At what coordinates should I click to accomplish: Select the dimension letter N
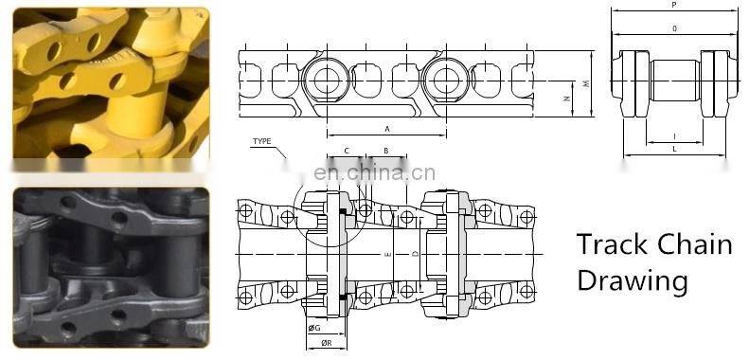click(564, 97)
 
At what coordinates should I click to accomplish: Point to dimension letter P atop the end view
click(673, 5)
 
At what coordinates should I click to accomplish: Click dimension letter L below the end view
click(673, 149)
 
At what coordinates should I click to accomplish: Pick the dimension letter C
click(347, 151)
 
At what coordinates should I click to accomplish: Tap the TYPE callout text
click(261, 142)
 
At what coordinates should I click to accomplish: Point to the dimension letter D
click(414, 255)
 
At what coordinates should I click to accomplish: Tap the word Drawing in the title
click(632, 280)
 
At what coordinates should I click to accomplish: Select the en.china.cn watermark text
click(374, 172)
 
